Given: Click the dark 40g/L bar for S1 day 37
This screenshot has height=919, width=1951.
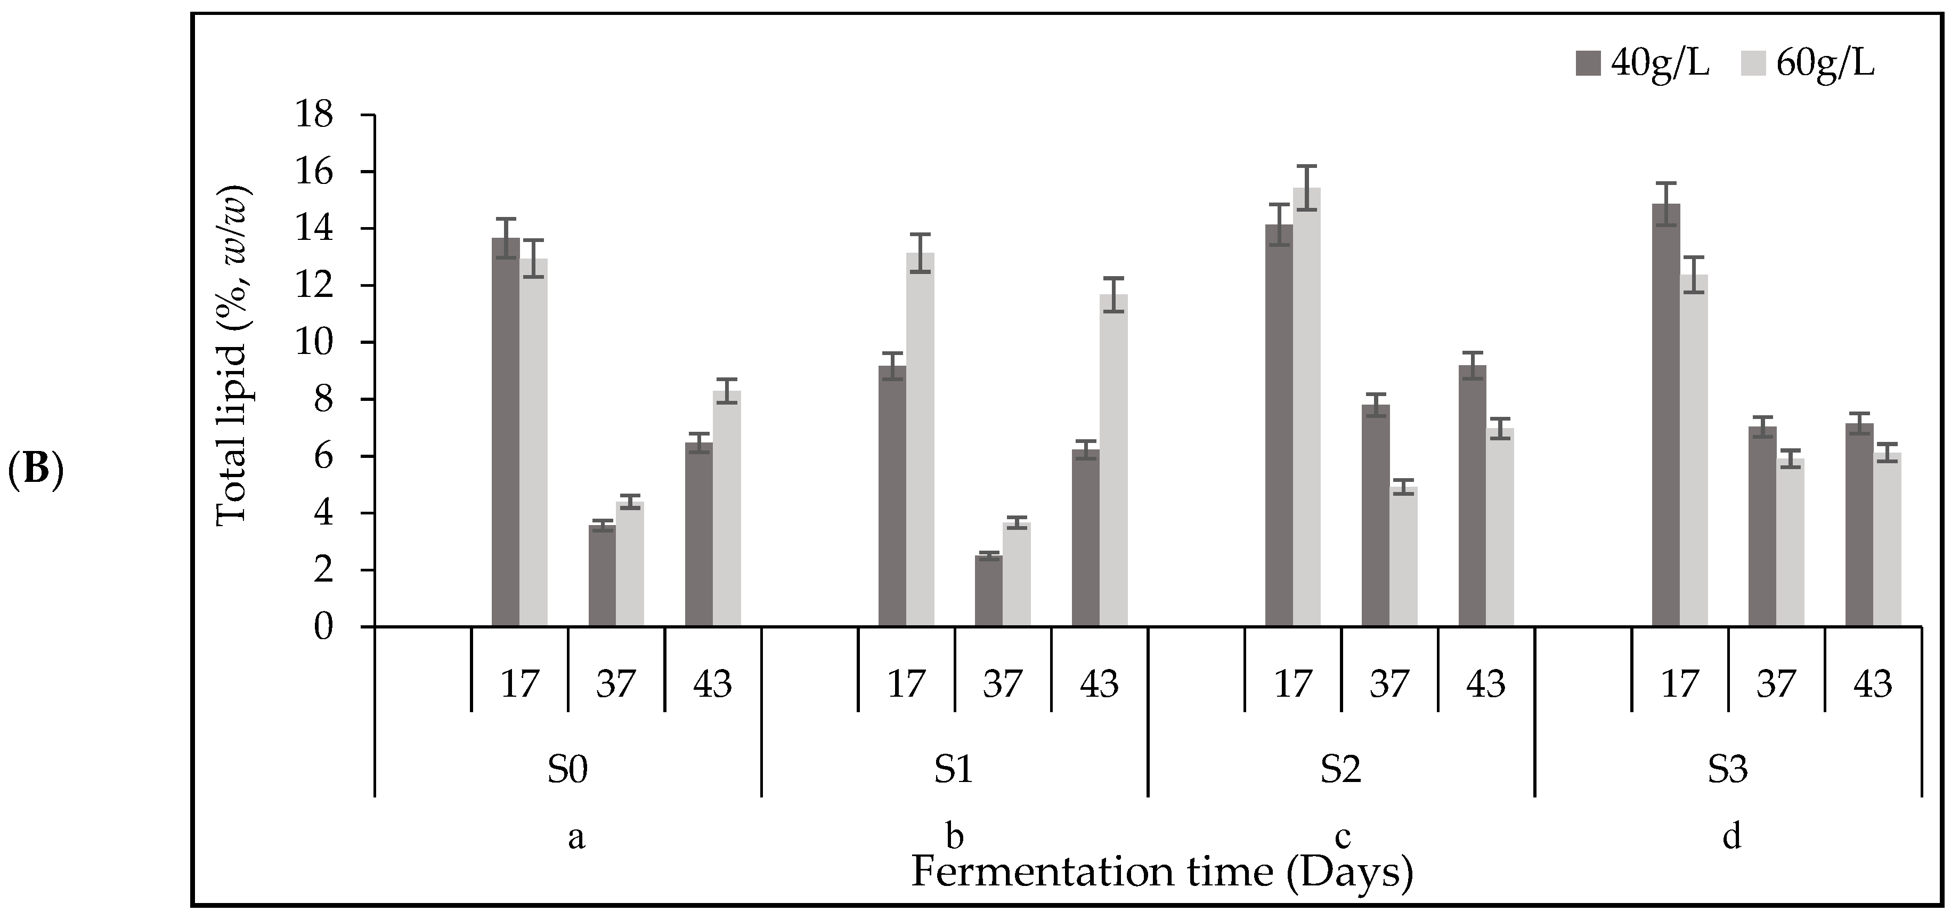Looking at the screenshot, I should (x=988, y=591).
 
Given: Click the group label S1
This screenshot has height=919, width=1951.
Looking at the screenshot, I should (x=954, y=770).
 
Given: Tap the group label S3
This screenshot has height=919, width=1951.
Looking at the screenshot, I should (x=1728, y=770).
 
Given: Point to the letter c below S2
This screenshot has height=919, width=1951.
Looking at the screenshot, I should (x=1342, y=837).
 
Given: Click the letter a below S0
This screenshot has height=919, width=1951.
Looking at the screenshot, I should (x=576, y=837).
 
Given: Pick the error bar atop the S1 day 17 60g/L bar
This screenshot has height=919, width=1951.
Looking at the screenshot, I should (x=920, y=253).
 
